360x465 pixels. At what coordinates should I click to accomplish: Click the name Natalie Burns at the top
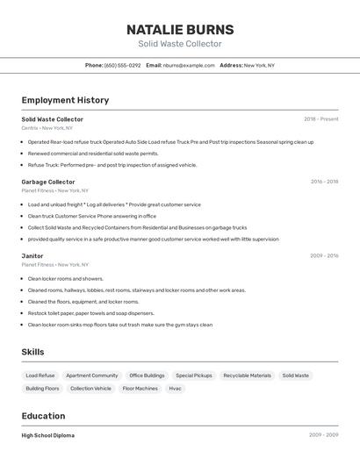(x=180, y=29)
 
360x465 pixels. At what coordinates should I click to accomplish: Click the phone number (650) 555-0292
(x=122, y=65)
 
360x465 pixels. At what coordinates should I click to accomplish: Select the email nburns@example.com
(x=189, y=65)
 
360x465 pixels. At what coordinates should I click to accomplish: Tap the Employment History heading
(x=65, y=100)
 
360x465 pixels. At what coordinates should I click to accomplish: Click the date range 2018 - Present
(x=320, y=119)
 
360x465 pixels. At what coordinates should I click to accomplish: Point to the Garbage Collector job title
(x=48, y=182)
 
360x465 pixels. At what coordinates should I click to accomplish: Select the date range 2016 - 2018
(x=324, y=182)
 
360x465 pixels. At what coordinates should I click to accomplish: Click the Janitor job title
(x=32, y=256)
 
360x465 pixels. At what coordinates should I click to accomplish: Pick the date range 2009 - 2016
(x=324, y=256)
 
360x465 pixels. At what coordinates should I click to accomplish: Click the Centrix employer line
(x=47, y=128)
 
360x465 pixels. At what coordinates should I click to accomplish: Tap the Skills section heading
(x=33, y=352)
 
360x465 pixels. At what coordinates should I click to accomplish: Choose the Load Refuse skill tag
(x=40, y=376)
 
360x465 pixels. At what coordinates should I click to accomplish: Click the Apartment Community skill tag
(x=91, y=376)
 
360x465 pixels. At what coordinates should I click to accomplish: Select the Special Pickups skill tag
(x=193, y=376)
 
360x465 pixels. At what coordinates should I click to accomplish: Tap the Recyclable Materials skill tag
(x=247, y=376)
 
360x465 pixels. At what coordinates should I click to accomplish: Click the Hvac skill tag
(x=175, y=388)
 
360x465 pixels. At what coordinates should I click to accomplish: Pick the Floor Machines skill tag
(x=140, y=388)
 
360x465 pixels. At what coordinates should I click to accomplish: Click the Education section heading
(x=43, y=416)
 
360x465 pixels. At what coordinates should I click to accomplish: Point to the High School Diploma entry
(x=48, y=435)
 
